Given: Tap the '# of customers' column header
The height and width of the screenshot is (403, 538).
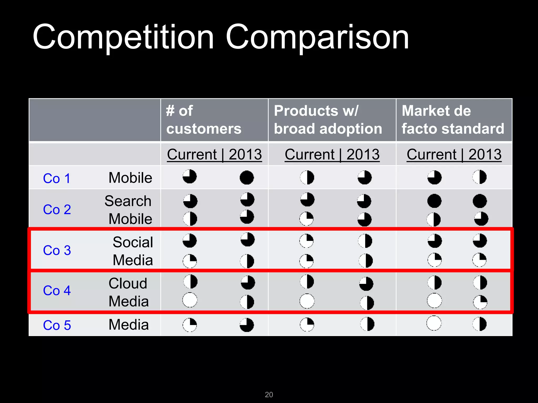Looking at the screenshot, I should click(204, 120).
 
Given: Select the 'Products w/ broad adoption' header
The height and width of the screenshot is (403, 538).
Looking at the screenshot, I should click(328, 120).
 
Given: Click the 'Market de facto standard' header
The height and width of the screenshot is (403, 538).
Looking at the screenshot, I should click(453, 120).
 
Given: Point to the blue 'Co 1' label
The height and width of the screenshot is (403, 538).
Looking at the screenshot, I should click(57, 178).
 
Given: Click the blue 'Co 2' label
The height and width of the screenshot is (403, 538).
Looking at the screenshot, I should click(57, 209).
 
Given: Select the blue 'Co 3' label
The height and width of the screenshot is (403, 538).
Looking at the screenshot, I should click(57, 250).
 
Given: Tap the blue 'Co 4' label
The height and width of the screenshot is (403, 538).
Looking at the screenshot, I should click(57, 290).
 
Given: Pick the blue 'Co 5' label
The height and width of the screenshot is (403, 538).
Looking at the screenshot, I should click(57, 325).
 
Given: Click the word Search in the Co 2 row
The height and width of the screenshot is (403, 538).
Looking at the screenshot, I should click(128, 201).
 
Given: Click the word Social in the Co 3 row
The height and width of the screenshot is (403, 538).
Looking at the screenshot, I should click(133, 242).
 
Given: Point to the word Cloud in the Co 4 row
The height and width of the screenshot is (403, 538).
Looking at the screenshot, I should click(128, 283).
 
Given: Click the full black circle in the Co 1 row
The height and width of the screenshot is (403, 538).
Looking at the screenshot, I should click(247, 178).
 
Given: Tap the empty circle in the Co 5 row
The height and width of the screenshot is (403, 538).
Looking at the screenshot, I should click(434, 323).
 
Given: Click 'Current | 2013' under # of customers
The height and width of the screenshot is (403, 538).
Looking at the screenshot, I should click(214, 154).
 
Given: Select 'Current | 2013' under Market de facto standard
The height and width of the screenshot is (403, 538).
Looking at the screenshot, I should click(454, 154).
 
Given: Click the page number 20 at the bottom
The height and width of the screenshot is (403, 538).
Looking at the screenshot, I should click(269, 395).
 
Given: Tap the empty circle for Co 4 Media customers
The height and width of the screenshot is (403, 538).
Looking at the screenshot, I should click(190, 300).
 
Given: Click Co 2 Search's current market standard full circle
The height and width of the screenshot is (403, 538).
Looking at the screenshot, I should click(434, 201).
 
